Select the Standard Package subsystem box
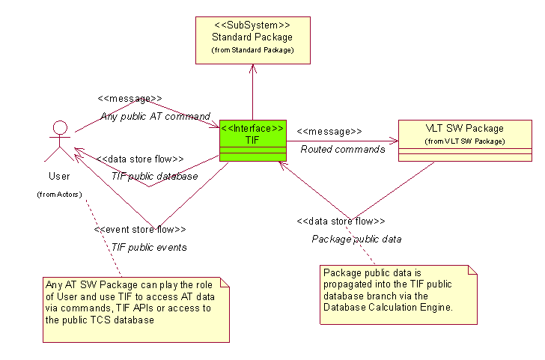(252, 38)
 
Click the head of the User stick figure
(59, 128)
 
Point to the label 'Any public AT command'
(156, 116)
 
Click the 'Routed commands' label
(343, 149)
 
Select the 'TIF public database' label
(154, 176)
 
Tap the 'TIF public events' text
(149, 247)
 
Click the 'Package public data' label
(356, 239)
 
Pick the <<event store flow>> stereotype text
(140, 230)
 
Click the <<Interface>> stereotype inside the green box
(252, 128)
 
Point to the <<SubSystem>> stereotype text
(252, 25)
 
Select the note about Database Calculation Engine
(398, 294)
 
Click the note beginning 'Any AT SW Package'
(135, 308)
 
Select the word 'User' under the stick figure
(59, 177)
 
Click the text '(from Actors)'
(59, 195)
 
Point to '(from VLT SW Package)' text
(464, 141)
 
